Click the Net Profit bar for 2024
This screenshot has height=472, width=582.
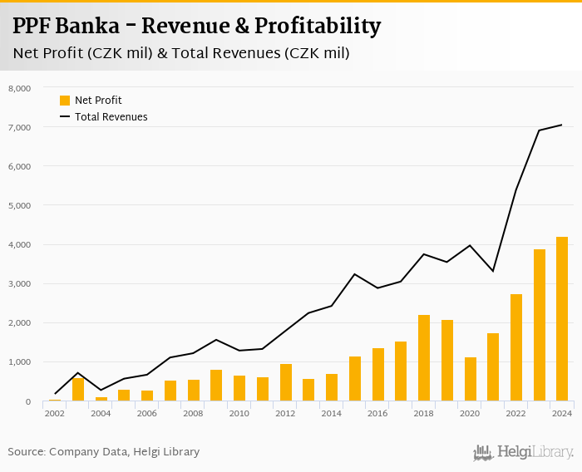pyautogui.click(x=562, y=319)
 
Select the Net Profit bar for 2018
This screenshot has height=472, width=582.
pyautogui.click(x=424, y=358)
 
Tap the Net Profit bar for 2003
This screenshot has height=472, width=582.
pyautogui.click(x=78, y=390)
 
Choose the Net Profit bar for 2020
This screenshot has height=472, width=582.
pyautogui.click(x=471, y=379)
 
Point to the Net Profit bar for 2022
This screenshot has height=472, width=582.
pyautogui.click(x=516, y=347)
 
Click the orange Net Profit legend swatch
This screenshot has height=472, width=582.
pyautogui.click(x=65, y=101)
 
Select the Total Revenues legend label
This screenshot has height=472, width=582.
pyautogui.click(x=111, y=117)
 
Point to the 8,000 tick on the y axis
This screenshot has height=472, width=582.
pyautogui.click(x=19, y=88)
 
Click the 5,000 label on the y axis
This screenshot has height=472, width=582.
pyautogui.click(x=19, y=205)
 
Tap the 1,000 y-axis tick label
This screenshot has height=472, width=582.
pyautogui.click(x=19, y=362)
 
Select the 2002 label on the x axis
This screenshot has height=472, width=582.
pyautogui.click(x=55, y=413)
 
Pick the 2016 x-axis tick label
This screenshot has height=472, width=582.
pyautogui.click(x=378, y=413)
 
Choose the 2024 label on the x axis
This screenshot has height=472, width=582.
pyautogui.click(x=562, y=413)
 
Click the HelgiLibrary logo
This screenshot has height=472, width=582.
pyautogui.click(x=523, y=452)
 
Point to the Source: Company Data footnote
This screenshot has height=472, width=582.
pyautogui.click(x=104, y=452)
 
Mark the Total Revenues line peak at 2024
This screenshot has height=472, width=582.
pyautogui.click(x=562, y=125)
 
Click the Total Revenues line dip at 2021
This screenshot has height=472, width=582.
pyautogui.click(x=493, y=271)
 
